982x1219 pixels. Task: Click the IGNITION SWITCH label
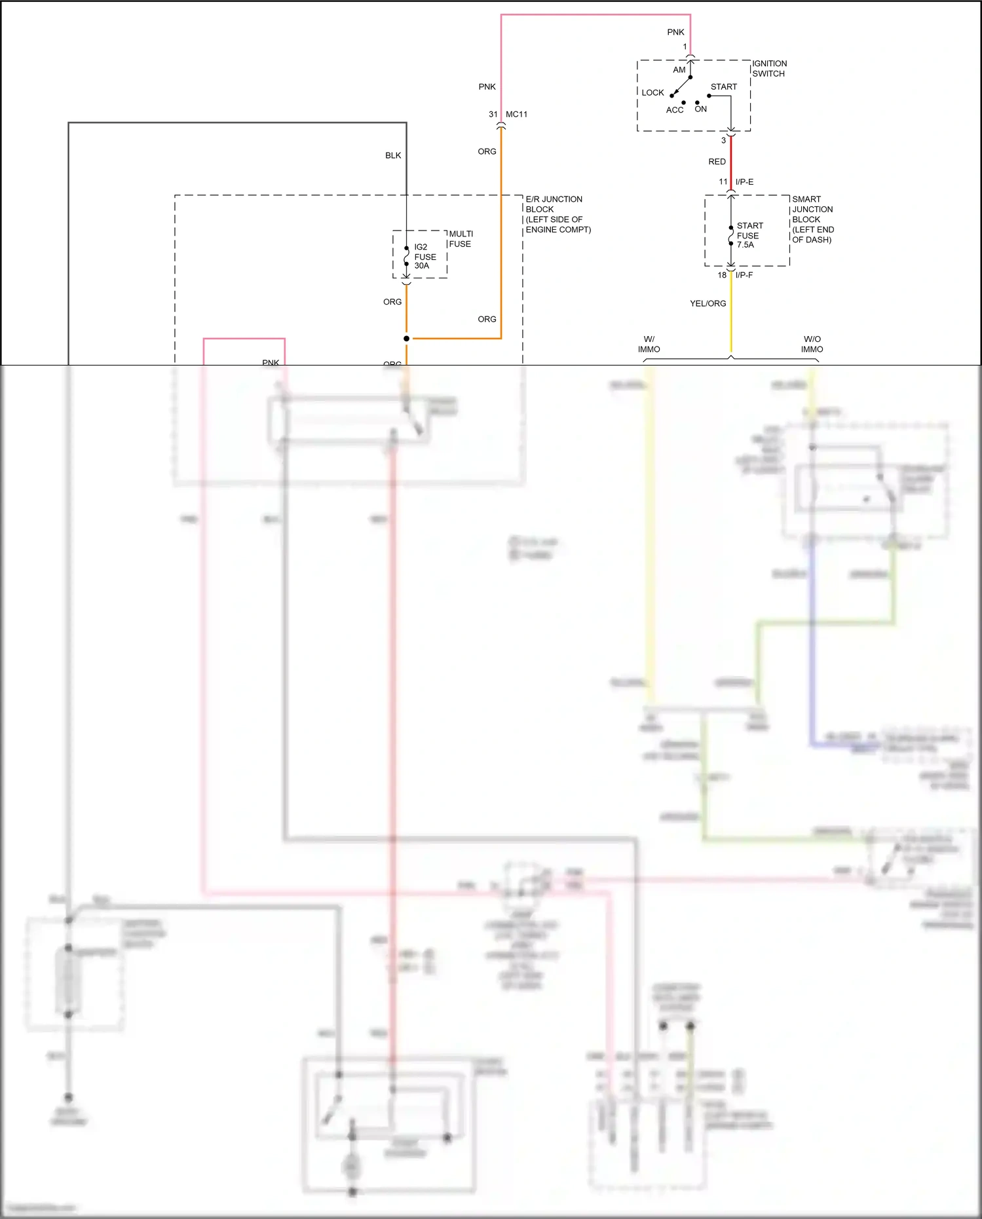click(x=769, y=69)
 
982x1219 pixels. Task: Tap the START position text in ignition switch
click(x=723, y=86)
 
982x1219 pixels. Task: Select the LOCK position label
click(x=652, y=92)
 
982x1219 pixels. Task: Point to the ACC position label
click(x=674, y=110)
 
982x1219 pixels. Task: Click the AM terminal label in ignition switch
click(x=679, y=70)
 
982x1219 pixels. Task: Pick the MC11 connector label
click(x=516, y=114)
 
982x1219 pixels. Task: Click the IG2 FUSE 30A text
click(x=425, y=256)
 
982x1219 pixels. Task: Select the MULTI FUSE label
click(x=461, y=239)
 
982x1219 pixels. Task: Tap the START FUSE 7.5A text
click(x=749, y=235)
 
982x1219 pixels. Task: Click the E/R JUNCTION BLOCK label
click(x=557, y=214)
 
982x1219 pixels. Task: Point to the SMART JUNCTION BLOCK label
click(x=812, y=219)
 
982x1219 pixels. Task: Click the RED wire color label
click(x=717, y=162)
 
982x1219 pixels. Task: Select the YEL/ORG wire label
click(x=708, y=303)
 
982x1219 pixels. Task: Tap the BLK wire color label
click(x=393, y=155)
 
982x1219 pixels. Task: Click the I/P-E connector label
click(x=744, y=181)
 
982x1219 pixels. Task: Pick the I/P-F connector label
click(x=744, y=275)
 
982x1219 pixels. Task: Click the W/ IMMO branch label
click(x=649, y=344)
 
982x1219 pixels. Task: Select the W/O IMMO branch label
click(x=812, y=344)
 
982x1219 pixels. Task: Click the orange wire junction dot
click(x=406, y=339)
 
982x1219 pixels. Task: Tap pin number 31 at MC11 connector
click(x=493, y=114)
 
